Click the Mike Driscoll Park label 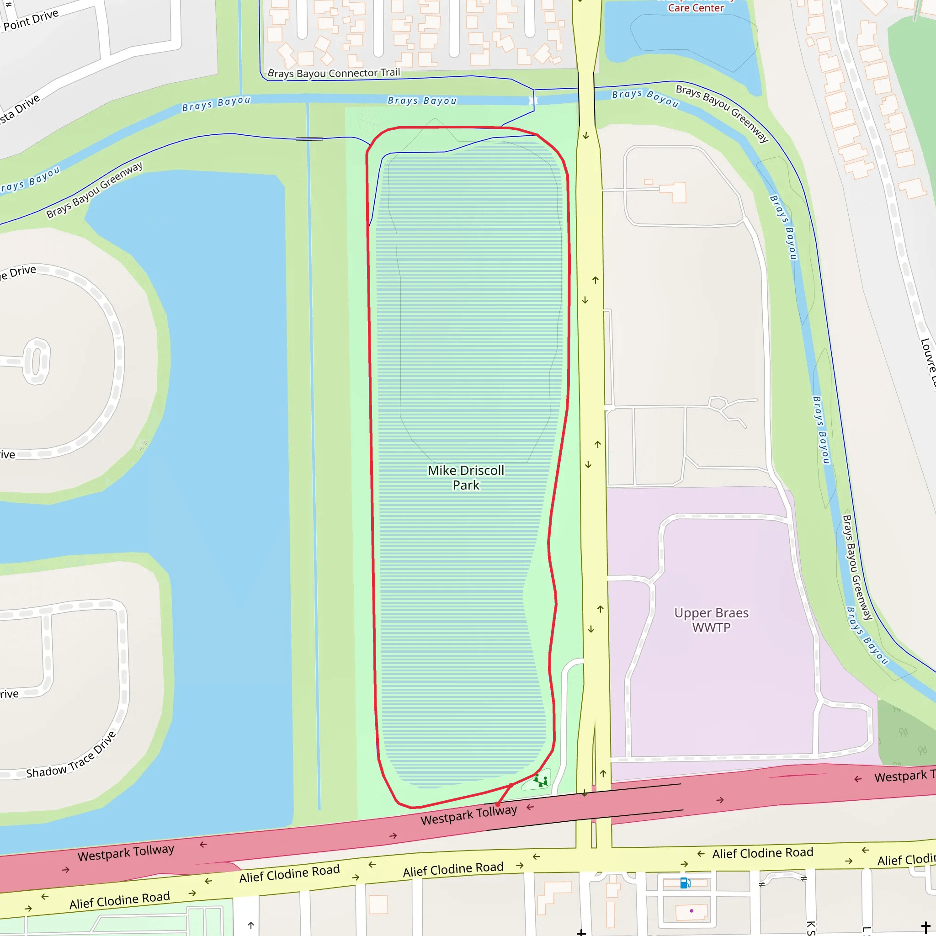click(x=466, y=478)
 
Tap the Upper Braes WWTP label click(x=711, y=620)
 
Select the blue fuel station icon click(x=685, y=883)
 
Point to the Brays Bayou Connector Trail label click(x=334, y=73)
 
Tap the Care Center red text click(x=696, y=8)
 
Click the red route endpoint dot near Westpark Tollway click(x=498, y=804)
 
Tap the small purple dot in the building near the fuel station click(x=691, y=911)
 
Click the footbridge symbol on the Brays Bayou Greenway click(x=309, y=139)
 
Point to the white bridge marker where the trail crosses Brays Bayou click(x=533, y=100)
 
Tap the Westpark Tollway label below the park click(x=468, y=815)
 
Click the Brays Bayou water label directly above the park click(x=422, y=101)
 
